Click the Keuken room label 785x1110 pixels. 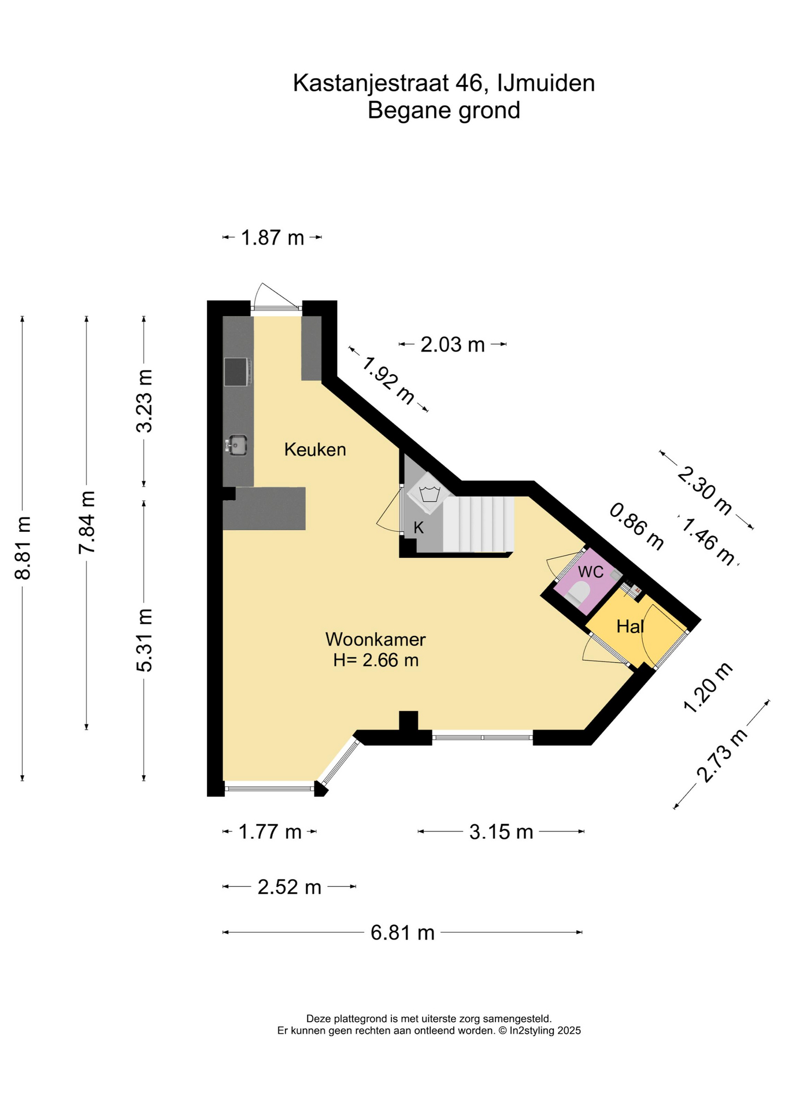pos(315,449)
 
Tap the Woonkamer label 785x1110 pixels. pos(376,639)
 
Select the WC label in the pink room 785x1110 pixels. pos(591,572)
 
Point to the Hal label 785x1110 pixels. pos(630,626)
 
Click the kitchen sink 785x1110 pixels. pos(237,445)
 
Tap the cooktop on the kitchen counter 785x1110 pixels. pos(238,372)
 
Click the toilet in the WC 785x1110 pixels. pos(578,593)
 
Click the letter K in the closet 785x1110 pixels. pos(419,527)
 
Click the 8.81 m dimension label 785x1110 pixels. pos(23,547)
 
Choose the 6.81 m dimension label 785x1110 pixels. pos(403,933)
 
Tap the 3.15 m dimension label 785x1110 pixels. pos(501,831)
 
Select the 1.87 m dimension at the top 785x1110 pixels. pos(272,238)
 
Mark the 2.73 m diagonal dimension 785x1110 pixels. pos(723,756)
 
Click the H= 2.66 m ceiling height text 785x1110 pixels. pos(376,660)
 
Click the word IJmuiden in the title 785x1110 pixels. pos(546,83)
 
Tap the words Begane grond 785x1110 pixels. pos(444,110)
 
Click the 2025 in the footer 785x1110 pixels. pos(569,1030)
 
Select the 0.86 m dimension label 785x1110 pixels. pos(637,527)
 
